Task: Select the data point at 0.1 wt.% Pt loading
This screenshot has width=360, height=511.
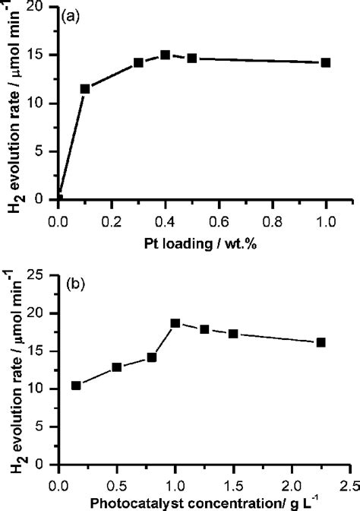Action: (x=85, y=89)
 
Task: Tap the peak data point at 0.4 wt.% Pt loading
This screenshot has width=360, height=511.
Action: (x=165, y=55)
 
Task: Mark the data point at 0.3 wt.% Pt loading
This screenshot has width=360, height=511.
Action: (x=138, y=62)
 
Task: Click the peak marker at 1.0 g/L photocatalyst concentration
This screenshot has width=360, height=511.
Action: (x=175, y=323)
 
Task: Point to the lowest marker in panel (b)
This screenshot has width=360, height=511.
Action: (x=76, y=386)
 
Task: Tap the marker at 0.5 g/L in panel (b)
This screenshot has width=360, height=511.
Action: (x=117, y=367)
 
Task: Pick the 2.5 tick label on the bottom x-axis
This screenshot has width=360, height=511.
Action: (x=350, y=484)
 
